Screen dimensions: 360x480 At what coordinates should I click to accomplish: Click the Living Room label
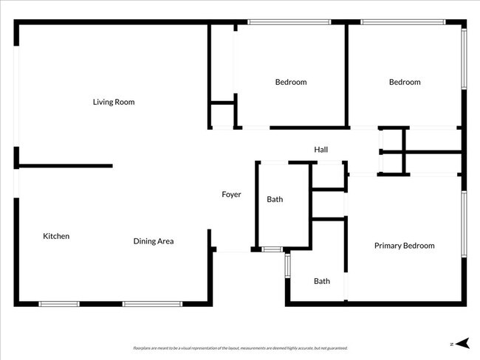tap(114, 102)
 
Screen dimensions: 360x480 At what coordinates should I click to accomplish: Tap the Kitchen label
tap(56, 236)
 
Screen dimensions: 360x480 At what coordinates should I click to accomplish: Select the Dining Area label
tap(154, 241)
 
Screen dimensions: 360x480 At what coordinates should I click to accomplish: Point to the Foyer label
tap(232, 195)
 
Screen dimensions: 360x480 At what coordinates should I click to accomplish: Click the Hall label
tap(320, 150)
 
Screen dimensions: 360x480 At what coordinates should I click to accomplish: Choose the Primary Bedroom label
tap(404, 246)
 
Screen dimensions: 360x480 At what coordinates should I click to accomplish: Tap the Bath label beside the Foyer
tap(275, 199)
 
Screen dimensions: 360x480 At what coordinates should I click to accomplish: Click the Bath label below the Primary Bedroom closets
tap(322, 281)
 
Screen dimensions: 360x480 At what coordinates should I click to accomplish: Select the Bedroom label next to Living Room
tap(291, 82)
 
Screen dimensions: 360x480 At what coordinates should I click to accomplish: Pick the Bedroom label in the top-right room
tap(405, 82)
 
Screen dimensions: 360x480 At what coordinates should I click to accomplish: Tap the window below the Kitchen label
tap(59, 303)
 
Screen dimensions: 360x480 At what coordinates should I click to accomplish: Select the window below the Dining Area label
tap(152, 303)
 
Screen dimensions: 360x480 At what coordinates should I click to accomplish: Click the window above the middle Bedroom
tap(289, 22)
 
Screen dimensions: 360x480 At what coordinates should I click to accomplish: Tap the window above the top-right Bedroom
tap(403, 22)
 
